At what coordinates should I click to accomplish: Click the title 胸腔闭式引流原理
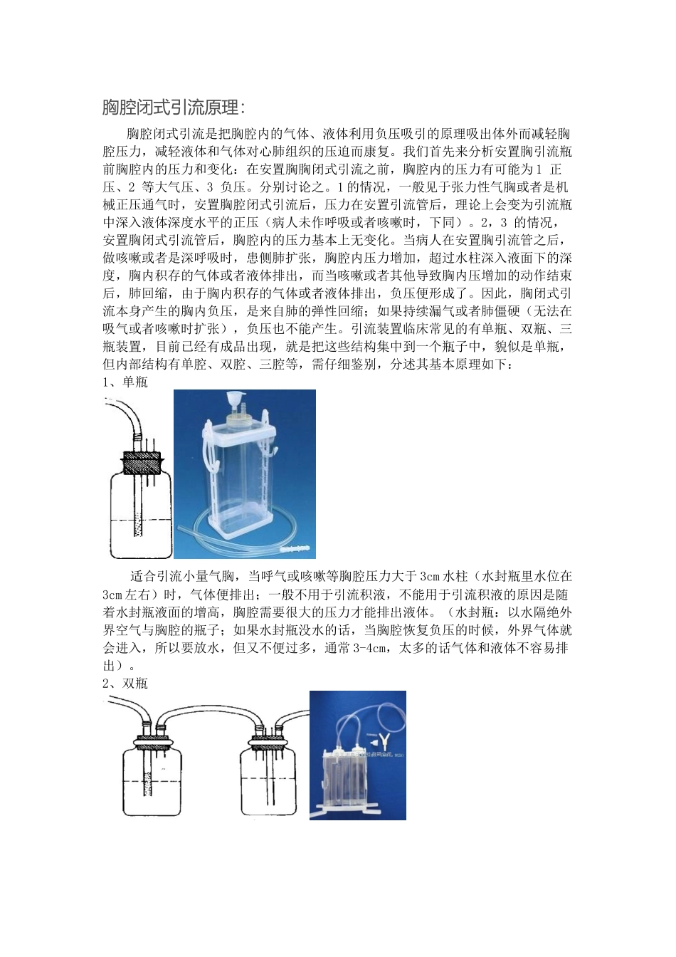click(x=174, y=108)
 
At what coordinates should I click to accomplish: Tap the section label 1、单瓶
click(x=125, y=382)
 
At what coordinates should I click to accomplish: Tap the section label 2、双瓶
click(x=125, y=684)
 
